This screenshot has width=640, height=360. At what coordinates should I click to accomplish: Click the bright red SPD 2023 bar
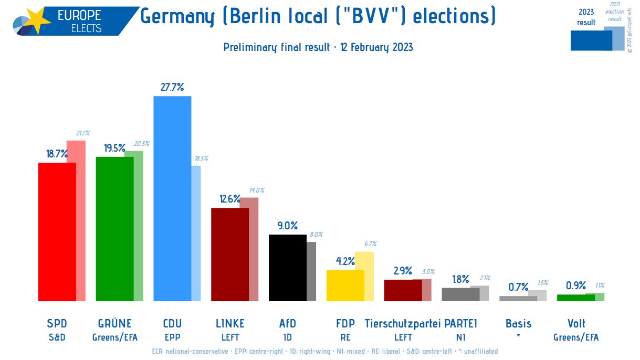point(57,231)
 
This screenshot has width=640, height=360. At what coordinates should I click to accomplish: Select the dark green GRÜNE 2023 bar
point(114,229)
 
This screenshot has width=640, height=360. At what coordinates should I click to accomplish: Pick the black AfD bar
point(288,268)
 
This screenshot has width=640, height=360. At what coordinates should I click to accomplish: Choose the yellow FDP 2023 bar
point(345,285)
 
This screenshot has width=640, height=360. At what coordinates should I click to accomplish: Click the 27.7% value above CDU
point(172,87)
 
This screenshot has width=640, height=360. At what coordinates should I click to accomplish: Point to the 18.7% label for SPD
point(57,154)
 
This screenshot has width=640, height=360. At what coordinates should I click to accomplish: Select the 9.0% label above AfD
point(287,226)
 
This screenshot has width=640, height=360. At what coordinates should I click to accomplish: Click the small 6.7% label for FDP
point(370,244)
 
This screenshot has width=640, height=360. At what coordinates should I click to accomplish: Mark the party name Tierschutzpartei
point(403,323)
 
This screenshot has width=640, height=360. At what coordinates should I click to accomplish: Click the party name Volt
point(576,323)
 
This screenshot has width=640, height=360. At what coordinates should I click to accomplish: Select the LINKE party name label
point(230,323)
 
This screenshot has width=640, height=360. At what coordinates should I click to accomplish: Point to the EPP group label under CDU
point(172,337)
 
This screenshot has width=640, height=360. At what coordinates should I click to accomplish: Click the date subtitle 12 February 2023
point(376,47)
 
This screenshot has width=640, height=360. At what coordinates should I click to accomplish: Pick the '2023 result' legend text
point(586,17)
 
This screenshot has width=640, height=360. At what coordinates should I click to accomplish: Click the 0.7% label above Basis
point(518,287)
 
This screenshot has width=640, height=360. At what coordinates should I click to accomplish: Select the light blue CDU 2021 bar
point(196,234)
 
